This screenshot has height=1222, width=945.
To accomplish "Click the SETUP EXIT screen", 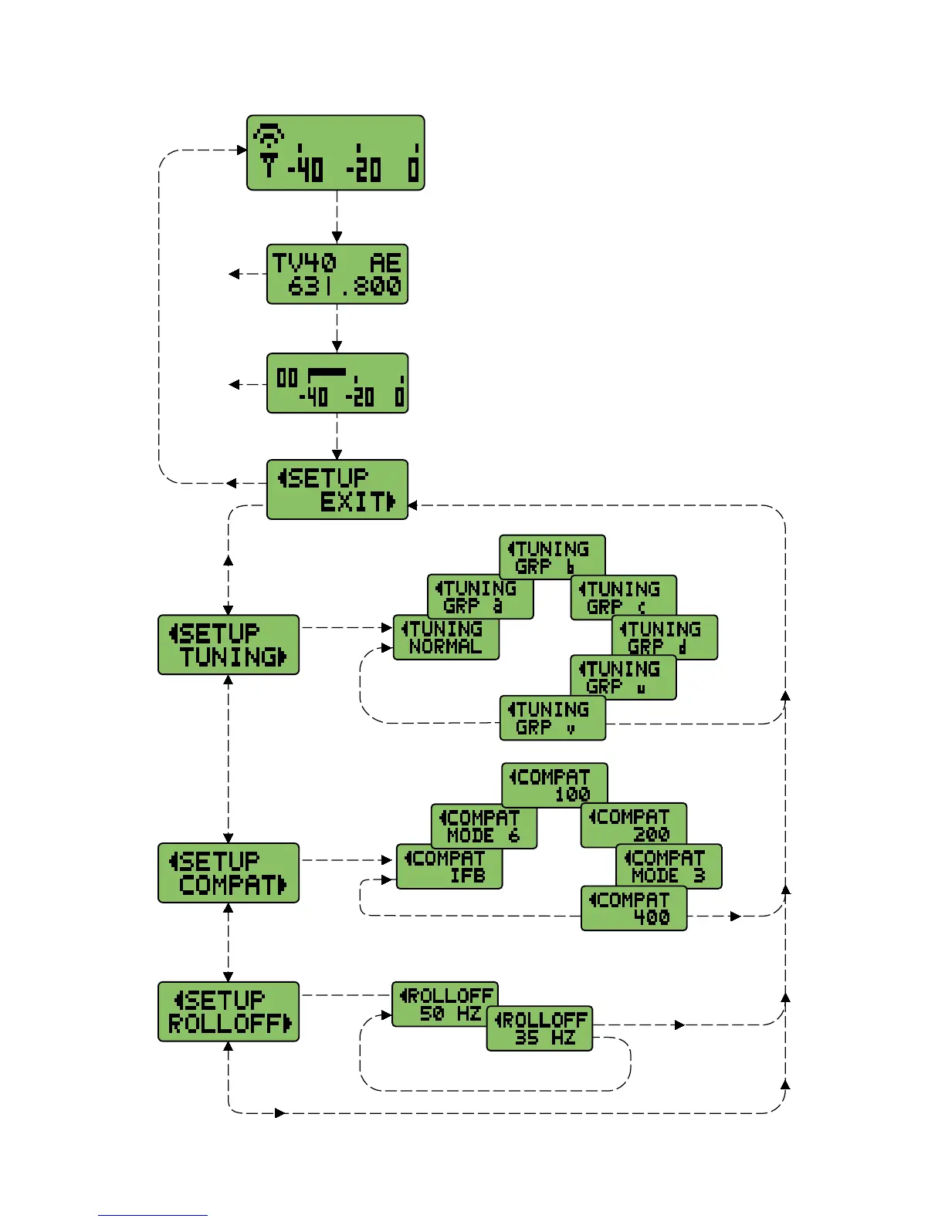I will tap(337, 489).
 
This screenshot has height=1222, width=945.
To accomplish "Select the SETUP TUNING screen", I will tap(229, 645).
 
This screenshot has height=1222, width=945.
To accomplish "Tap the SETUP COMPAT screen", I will tap(229, 873).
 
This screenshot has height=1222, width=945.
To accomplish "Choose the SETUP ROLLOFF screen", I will tap(229, 1011).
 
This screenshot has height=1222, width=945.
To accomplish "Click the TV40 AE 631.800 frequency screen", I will tap(337, 275).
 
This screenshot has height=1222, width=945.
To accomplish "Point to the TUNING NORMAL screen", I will tap(445, 638).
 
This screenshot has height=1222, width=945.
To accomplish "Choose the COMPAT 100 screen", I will tap(554, 784).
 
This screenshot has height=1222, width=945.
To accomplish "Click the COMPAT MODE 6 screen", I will tap(483, 825).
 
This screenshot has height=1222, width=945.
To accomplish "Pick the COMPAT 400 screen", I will tap(634, 909).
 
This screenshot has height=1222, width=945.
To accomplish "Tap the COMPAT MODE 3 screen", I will tap(669, 866).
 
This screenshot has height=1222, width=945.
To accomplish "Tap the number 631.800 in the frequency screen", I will tap(344, 287).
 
